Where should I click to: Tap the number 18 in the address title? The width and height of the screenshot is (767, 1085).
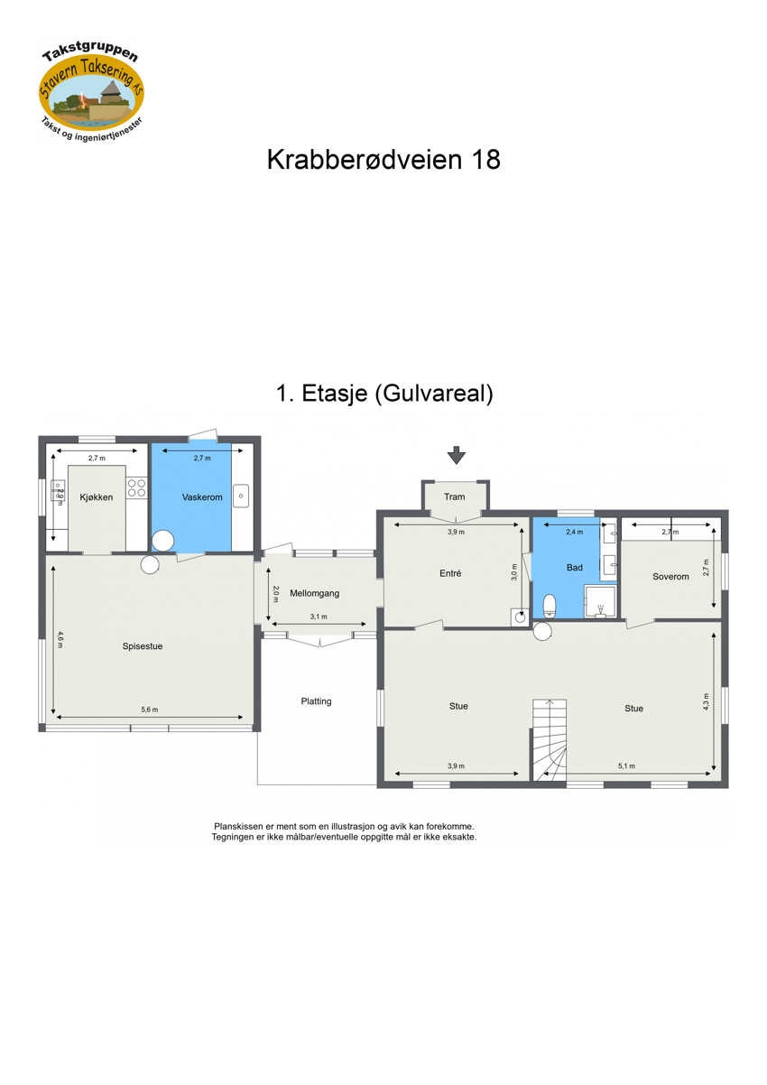[x=482, y=161]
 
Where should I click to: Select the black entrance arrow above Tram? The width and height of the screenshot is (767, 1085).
[x=457, y=455]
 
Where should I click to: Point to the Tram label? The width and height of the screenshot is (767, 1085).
[x=454, y=496]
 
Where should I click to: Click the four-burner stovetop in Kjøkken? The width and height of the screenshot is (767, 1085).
[x=136, y=488]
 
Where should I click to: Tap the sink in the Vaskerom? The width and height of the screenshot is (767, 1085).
[x=241, y=496]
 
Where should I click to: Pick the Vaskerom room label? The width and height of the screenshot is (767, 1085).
[x=202, y=497]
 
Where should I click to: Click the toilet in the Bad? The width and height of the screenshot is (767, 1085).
[x=549, y=604]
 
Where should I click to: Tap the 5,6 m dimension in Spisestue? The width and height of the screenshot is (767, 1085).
[x=150, y=709]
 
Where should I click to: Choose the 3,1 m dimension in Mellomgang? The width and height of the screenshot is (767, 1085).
[x=319, y=617]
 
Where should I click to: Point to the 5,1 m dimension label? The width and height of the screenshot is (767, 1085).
[x=627, y=766]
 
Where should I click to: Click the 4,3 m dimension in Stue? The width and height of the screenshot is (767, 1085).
[x=707, y=700]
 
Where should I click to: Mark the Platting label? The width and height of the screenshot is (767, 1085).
[x=316, y=701]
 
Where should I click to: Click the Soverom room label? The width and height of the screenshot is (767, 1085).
[x=670, y=577]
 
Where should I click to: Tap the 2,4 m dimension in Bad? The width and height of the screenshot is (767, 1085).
[x=573, y=533]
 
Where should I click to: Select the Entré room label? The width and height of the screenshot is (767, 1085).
[x=450, y=573]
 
